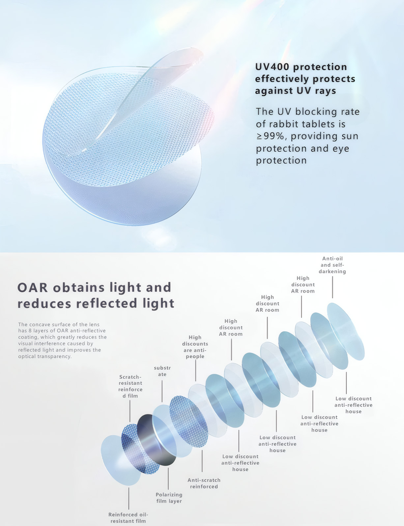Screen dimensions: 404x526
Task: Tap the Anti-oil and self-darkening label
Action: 332,265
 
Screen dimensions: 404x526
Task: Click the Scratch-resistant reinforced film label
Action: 130,386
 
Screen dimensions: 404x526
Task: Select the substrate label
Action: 162,371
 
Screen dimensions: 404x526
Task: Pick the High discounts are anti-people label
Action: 195,347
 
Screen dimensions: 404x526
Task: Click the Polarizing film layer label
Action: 169,498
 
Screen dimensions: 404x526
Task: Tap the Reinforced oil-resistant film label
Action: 128,518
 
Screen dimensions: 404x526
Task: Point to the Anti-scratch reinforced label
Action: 204,483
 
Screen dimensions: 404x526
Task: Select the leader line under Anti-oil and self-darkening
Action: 332,287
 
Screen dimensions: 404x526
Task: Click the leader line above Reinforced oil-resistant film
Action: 129,498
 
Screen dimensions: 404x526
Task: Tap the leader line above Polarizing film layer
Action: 168,479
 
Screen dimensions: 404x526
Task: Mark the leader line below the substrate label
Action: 162,391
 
